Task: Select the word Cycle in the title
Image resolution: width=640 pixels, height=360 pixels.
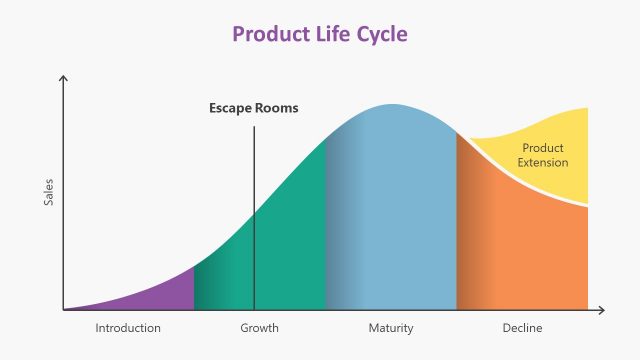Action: (x=381, y=34)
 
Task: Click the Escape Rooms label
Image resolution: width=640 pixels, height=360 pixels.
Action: (x=253, y=108)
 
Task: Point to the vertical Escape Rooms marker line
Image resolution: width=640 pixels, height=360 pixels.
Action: (x=254, y=220)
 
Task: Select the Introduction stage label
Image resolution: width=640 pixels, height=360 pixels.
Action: (x=128, y=328)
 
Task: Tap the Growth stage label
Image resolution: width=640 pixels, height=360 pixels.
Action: (x=259, y=328)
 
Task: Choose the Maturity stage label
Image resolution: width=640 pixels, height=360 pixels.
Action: (x=390, y=328)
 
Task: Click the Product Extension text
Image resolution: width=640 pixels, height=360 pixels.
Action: (x=543, y=155)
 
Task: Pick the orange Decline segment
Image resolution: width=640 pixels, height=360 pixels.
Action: (x=520, y=250)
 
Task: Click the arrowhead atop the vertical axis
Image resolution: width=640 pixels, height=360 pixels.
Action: (x=63, y=78)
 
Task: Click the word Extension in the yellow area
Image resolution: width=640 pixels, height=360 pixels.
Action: (x=543, y=163)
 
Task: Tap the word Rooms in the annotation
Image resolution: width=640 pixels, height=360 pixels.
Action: (x=277, y=108)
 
